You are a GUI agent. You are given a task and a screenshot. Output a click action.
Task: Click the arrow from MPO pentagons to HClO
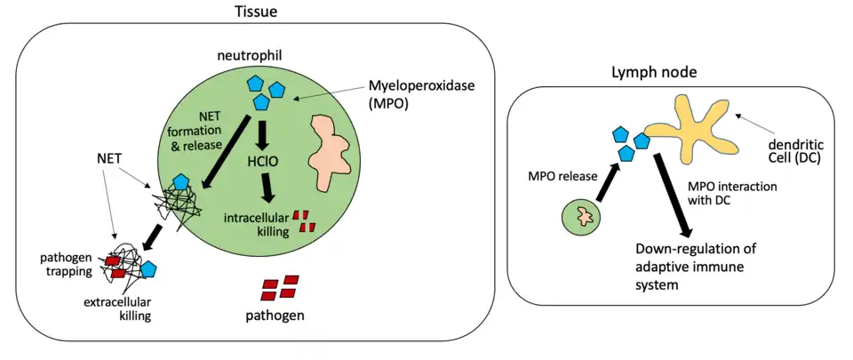pos(261,134)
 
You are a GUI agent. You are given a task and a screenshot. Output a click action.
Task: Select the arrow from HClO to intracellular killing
pos(266,188)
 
